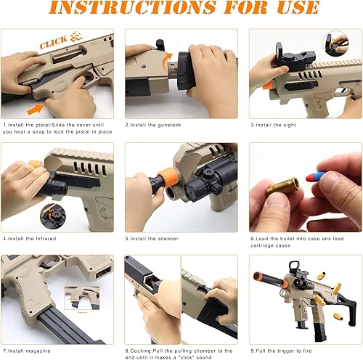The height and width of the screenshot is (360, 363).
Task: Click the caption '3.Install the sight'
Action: click(x=273, y=125)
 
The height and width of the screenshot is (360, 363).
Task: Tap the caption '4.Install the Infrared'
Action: click(x=30, y=237)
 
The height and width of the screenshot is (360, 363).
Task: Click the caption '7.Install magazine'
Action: click(x=28, y=351)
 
